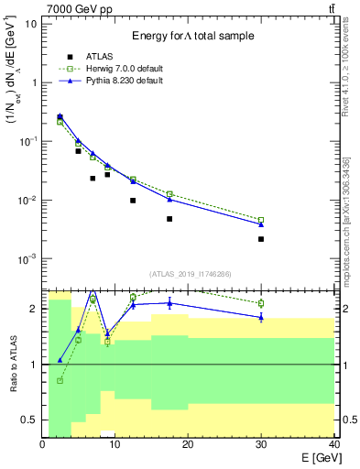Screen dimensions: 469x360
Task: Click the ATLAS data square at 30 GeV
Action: pos(261,239)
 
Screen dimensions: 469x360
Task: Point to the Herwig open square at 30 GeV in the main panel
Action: pos(261,220)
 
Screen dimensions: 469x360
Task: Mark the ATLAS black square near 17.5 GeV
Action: pos(169,219)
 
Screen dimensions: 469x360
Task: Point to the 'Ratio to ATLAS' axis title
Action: pos(12,364)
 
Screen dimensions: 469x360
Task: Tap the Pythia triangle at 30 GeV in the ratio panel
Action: pos(261,317)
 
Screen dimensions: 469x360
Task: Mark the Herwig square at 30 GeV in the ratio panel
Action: pos(261,303)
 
